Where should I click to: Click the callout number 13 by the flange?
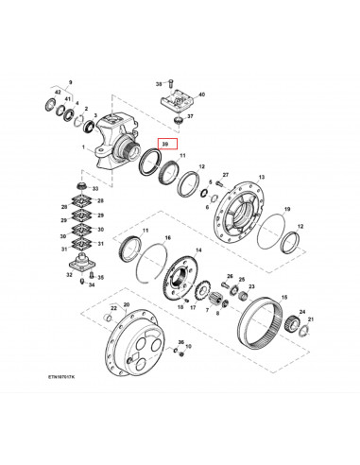(x=261, y=177)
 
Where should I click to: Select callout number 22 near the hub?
(x=113, y=308)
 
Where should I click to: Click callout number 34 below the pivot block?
(x=91, y=284)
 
